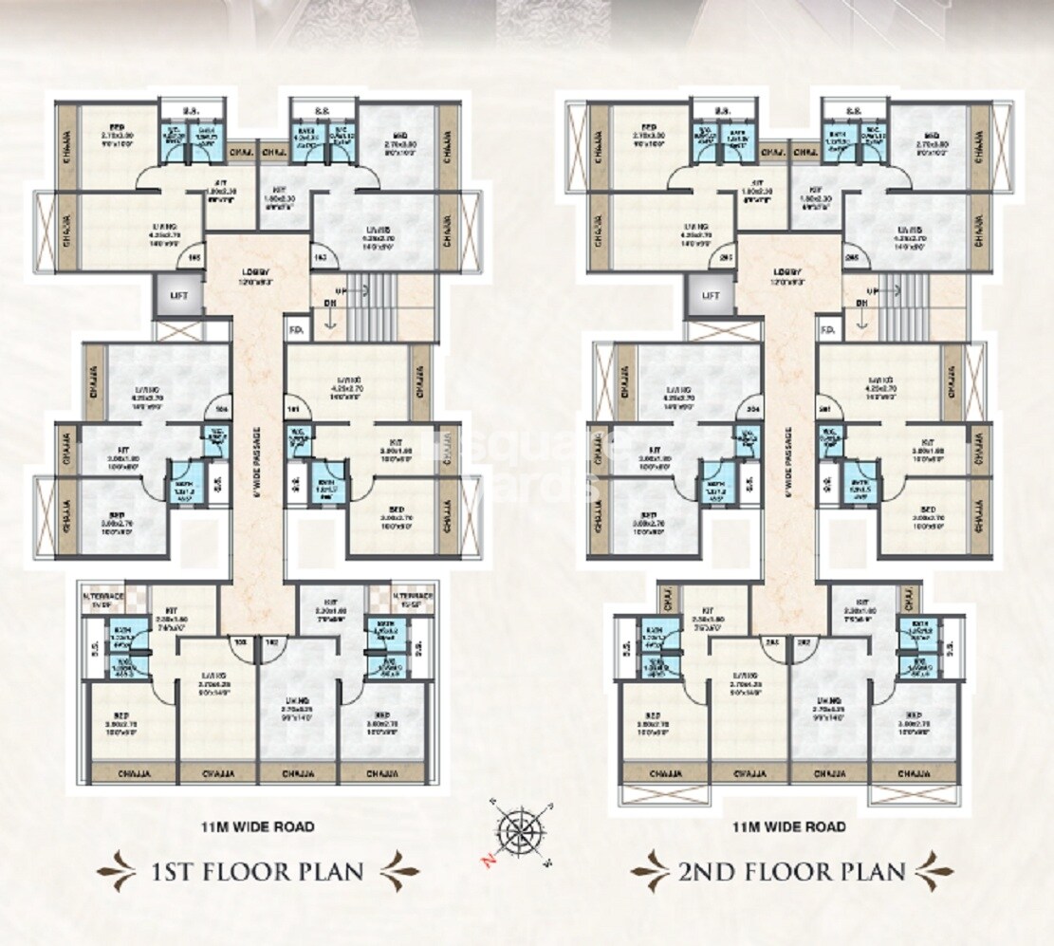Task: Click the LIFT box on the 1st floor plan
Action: click(178, 296)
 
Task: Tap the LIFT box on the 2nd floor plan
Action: click(712, 296)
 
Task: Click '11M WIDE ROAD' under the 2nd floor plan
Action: click(788, 826)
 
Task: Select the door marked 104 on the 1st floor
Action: click(220, 408)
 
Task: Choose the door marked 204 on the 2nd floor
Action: click(752, 408)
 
